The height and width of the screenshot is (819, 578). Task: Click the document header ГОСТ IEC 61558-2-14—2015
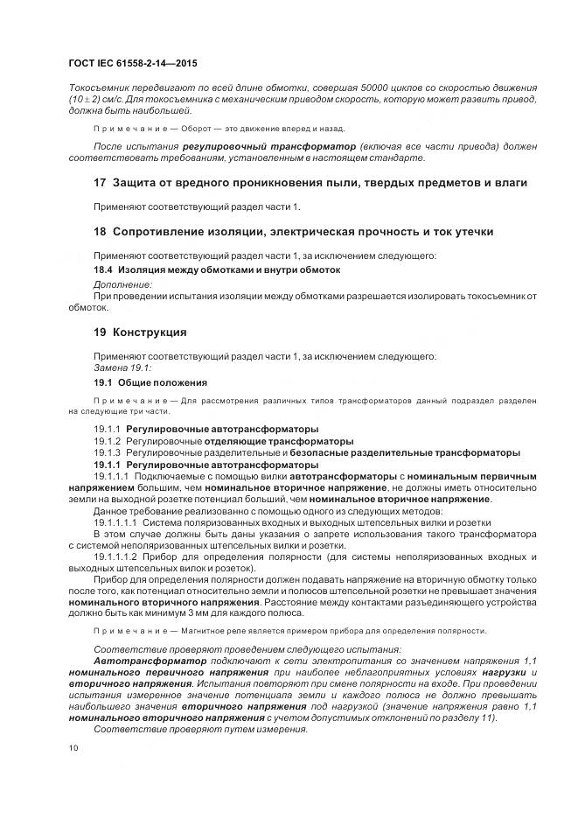tap(132, 63)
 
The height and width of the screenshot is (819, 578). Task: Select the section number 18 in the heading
tap(100, 231)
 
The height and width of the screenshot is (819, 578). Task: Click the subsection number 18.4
tap(104, 270)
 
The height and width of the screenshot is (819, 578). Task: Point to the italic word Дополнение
tap(122, 284)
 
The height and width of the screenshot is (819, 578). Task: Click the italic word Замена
tap(112, 368)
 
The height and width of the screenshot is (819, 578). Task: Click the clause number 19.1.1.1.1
tap(115, 521)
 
